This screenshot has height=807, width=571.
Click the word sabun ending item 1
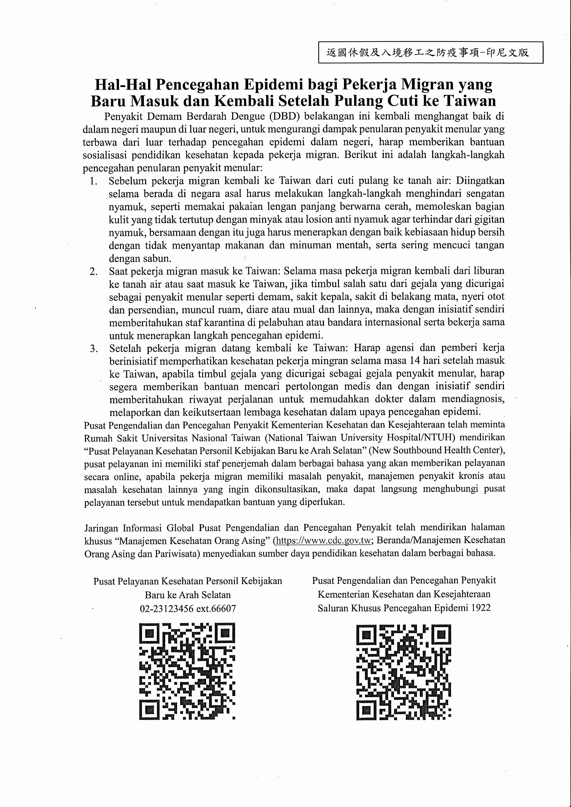(157, 259)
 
